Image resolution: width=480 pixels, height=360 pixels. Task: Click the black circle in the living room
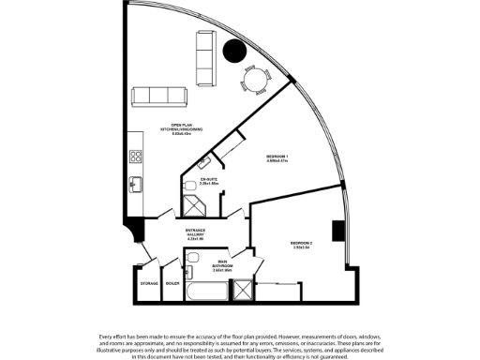tap(235, 52)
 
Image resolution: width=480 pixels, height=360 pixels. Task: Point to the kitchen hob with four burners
tap(136, 151)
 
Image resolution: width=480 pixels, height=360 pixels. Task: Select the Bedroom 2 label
tap(301, 246)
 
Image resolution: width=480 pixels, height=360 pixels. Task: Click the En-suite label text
tap(209, 181)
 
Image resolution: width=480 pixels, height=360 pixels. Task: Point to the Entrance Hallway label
tap(196, 234)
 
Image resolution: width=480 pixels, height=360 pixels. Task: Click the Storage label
tap(148, 282)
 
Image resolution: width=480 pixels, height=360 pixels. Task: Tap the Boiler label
tap(172, 282)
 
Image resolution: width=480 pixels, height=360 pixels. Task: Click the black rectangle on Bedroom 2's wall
tap(336, 231)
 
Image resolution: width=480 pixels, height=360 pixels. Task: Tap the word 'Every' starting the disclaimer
tap(107, 336)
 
